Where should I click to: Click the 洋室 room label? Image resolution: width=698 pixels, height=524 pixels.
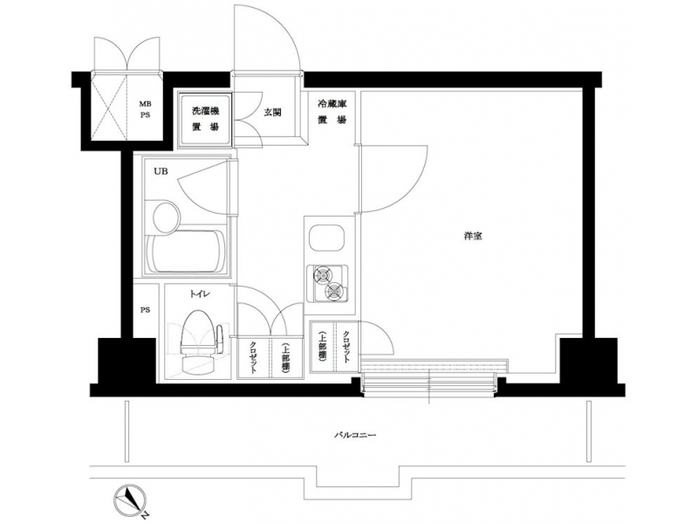tap(472, 236)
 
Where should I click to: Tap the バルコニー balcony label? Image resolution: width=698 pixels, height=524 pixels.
tap(355, 434)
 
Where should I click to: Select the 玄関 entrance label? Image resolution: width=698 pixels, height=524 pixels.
tap(272, 113)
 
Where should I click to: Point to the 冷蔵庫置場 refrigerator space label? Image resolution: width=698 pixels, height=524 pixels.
tap(332, 112)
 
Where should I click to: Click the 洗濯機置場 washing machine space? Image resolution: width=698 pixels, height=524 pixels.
tap(205, 119)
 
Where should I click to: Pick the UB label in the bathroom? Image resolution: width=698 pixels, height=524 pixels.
tap(161, 170)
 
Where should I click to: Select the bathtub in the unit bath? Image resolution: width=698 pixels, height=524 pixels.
tap(186, 252)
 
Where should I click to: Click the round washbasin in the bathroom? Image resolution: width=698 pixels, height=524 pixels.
tap(167, 217)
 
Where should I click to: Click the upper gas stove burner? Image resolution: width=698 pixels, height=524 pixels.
tap(321, 274)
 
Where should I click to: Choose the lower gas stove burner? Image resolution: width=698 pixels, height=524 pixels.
tap(334, 291)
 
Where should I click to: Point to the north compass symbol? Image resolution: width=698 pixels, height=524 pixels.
tap(130, 499)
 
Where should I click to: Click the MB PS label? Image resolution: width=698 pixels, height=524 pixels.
tap(145, 110)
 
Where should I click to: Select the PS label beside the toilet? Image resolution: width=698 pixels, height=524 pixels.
tap(145, 310)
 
